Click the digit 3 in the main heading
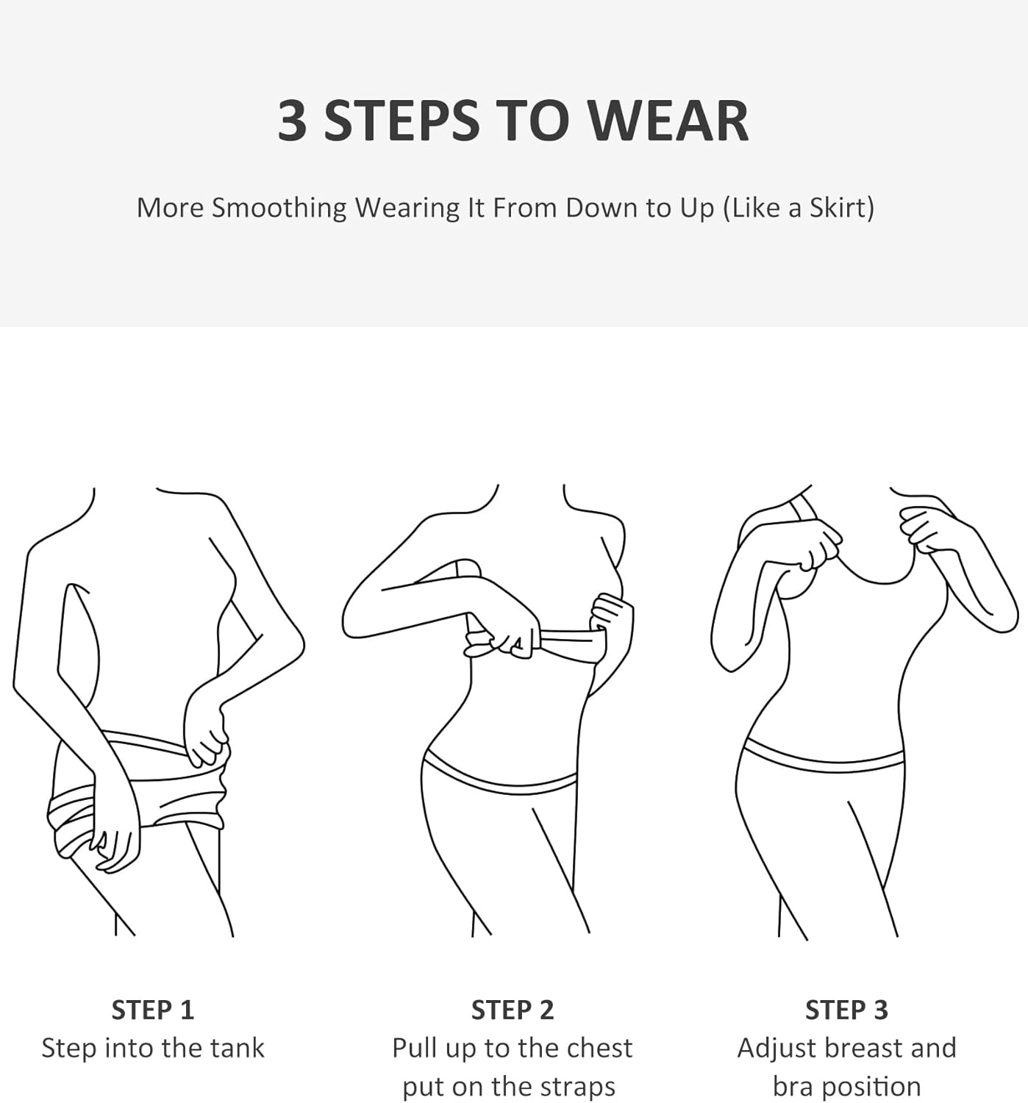(x=293, y=121)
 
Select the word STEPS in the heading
(x=401, y=121)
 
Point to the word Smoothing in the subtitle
(x=279, y=208)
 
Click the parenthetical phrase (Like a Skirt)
(x=799, y=208)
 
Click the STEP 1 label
(x=152, y=1010)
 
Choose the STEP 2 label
(x=513, y=1010)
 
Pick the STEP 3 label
(x=846, y=1010)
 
